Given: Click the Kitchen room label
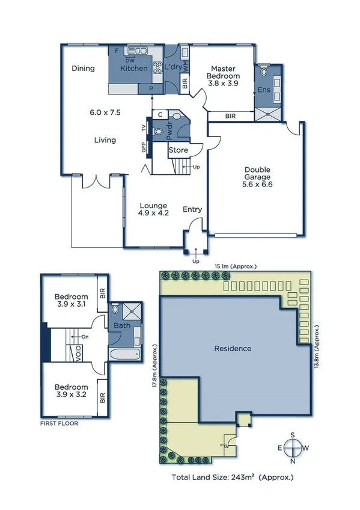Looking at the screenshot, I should click(133, 69).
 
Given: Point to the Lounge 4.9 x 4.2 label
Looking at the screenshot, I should click(153, 209).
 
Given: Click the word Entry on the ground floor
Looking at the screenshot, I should click(192, 209).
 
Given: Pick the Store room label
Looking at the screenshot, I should click(178, 150).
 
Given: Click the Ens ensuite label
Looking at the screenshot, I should click(263, 90).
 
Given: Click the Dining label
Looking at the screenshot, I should click(84, 69).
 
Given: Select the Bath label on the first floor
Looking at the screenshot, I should click(122, 326).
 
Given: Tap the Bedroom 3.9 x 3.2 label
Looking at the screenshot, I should click(72, 391).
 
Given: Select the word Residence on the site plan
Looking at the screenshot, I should click(233, 348).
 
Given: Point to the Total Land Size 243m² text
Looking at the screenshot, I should click(233, 478).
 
